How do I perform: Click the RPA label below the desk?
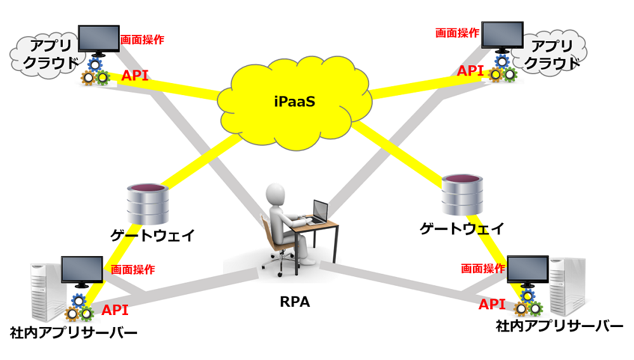point(295,302)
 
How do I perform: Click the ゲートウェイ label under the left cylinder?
point(152,236)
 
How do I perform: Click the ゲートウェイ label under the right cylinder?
point(462,228)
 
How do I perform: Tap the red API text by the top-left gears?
point(135,76)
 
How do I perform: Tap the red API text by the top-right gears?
point(470,70)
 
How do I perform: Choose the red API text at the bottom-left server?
point(115,310)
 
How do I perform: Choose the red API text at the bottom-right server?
point(492,304)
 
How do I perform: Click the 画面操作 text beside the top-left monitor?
point(142,39)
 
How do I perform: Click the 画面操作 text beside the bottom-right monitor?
point(482,268)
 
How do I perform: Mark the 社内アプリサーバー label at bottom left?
point(74,332)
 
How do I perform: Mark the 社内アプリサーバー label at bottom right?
point(559,326)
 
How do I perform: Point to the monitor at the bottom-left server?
point(82,271)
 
